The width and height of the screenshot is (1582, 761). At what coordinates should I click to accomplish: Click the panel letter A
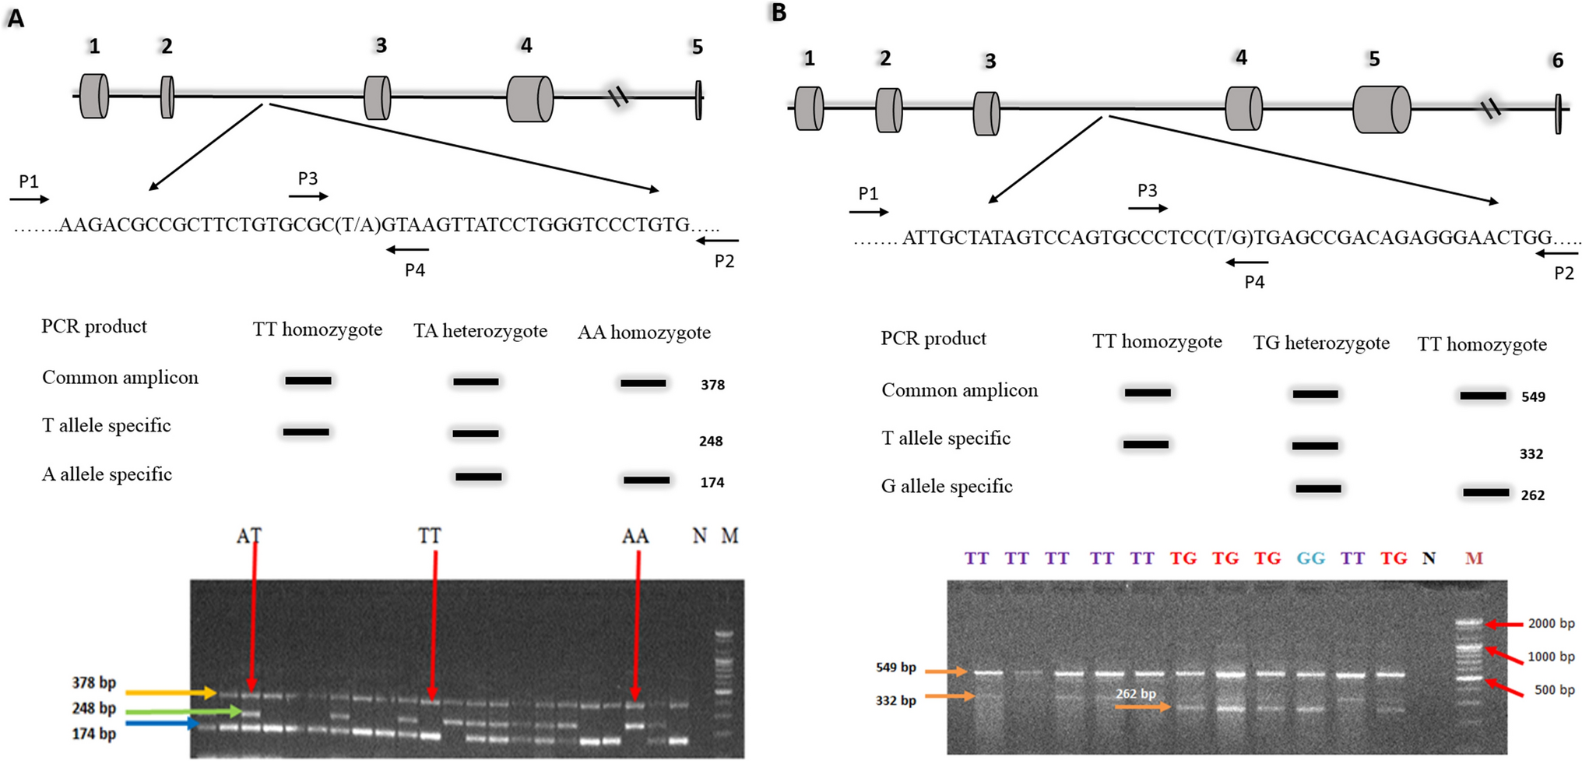(x=16, y=18)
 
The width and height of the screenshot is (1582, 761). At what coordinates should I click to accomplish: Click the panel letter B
(x=779, y=12)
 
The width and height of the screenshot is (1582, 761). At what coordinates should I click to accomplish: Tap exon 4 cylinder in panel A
(x=529, y=99)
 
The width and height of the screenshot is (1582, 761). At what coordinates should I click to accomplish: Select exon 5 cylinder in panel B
(x=1381, y=109)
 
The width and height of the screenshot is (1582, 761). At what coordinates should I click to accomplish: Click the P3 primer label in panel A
(x=308, y=178)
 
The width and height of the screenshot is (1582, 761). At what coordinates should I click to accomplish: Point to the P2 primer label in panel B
(x=1564, y=273)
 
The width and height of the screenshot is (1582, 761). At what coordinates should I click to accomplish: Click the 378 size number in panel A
(x=712, y=385)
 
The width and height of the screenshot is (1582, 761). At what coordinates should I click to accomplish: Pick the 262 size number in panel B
(x=1532, y=495)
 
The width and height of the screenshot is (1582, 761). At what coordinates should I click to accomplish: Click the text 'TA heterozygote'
(x=480, y=332)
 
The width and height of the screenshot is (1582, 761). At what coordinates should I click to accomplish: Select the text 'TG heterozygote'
(x=1321, y=344)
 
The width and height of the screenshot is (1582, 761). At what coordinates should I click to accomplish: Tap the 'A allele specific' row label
(x=107, y=474)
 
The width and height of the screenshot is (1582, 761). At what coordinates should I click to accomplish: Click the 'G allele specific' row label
(x=947, y=487)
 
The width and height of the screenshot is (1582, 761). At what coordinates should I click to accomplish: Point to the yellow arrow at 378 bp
(x=171, y=692)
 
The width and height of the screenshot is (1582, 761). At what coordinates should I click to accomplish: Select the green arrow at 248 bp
(x=183, y=711)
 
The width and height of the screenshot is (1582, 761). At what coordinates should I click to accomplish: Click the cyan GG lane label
(x=1311, y=558)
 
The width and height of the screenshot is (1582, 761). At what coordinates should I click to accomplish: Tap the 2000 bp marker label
(x=1551, y=624)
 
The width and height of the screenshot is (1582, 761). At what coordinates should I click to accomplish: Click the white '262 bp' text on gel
(x=1136, y=693)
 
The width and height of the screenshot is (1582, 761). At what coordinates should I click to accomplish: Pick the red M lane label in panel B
(x=1474, y=558)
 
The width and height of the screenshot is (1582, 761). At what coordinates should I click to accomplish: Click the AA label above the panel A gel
(x=635, y=537)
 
